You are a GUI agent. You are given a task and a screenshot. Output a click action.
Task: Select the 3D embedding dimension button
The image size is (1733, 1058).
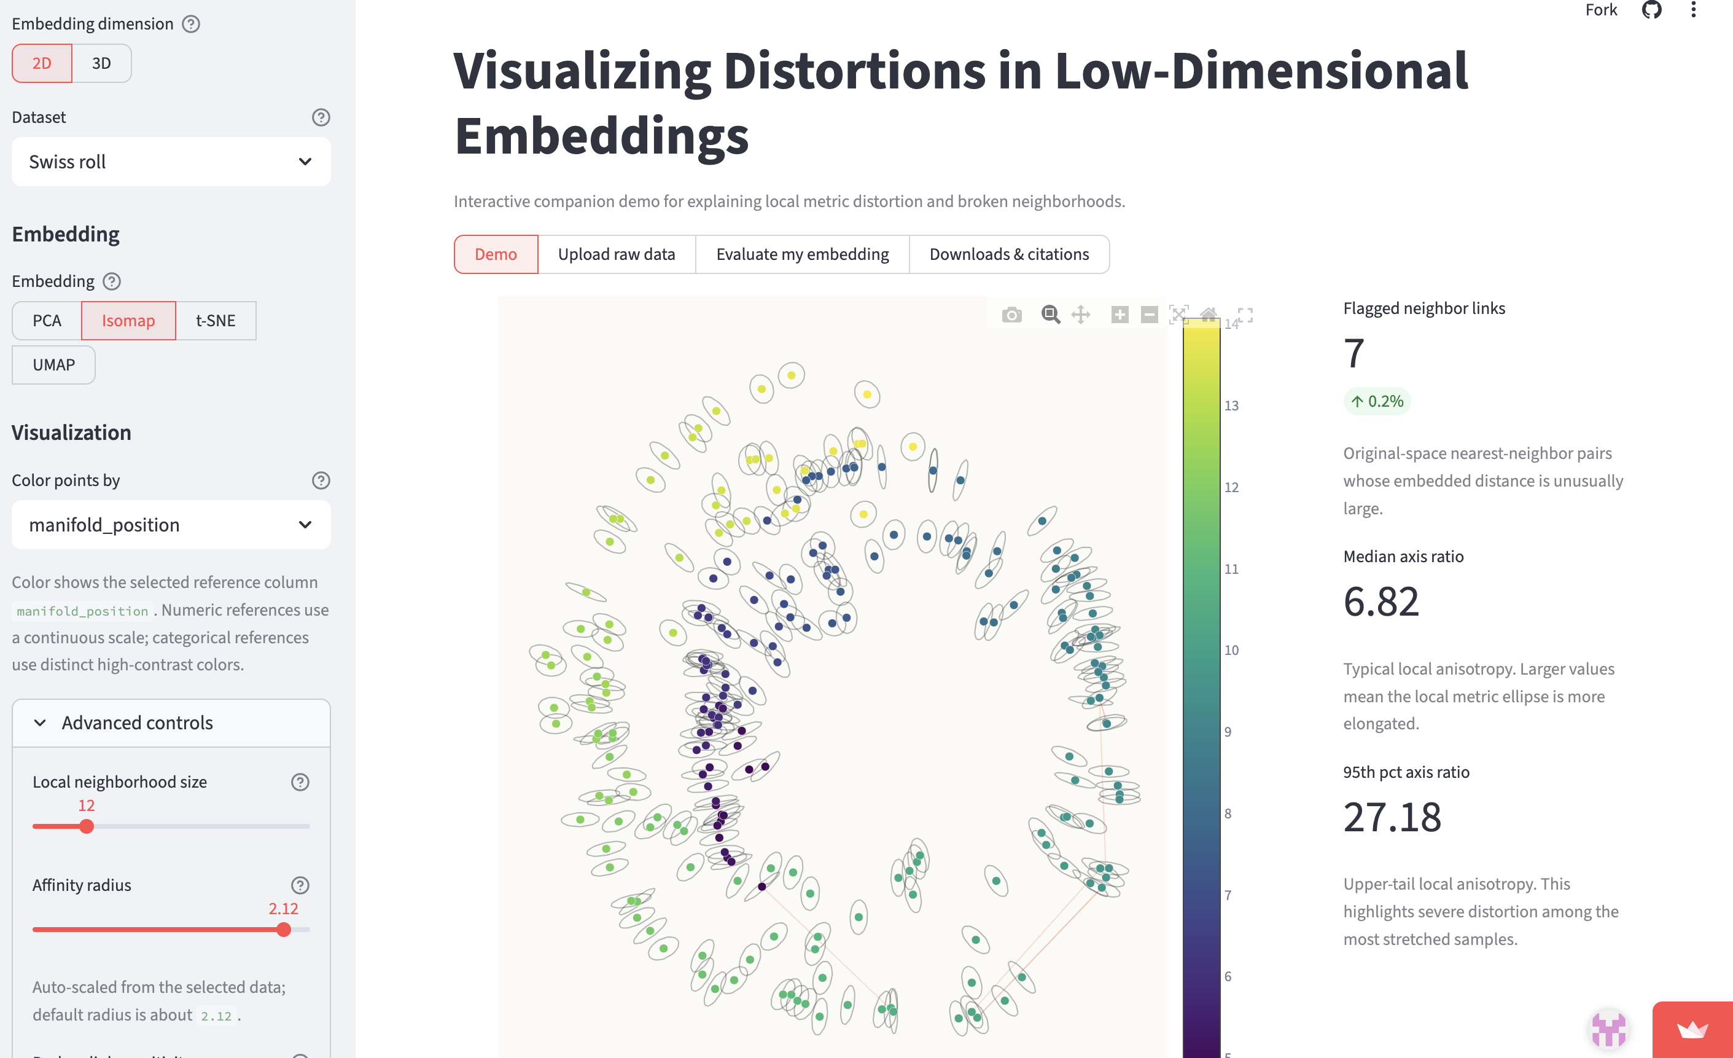[x=101, y=63]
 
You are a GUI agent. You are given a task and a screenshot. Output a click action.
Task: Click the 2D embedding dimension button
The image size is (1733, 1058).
[x=42, y=63]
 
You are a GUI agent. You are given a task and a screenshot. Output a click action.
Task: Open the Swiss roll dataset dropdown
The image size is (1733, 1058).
[x=171, y=162]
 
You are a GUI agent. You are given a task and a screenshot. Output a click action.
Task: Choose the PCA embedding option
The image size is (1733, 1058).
[x=47, y=321]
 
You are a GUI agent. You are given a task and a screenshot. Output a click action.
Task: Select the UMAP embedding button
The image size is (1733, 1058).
[x=53, y=365]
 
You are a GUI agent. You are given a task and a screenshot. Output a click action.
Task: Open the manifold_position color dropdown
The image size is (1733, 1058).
[x=171, y=525]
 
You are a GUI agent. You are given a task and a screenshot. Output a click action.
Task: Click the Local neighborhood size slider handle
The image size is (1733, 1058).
[x=87, y=826]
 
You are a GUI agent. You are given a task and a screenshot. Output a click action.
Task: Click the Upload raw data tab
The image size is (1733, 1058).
[x=616, y=254]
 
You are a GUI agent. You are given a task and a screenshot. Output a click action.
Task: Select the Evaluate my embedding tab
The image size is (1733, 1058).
[x=803, y=254]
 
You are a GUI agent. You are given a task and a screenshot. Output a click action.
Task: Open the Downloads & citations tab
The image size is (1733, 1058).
[x=1009, y=254]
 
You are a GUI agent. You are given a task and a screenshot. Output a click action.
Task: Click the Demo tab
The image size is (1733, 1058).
[x=496, y=254]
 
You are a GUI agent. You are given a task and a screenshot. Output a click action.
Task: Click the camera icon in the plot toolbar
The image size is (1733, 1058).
[x=1012, y=315]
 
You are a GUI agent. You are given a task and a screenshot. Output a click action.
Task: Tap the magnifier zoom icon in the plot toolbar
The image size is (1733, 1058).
[x=1051, y=315]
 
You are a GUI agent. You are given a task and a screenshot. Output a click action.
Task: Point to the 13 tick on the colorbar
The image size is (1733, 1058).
[x=1231, y=406]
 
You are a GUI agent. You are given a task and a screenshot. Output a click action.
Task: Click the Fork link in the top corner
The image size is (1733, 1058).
[x=1601, y=10]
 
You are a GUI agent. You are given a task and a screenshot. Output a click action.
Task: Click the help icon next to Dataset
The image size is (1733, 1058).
[x=321, y=117]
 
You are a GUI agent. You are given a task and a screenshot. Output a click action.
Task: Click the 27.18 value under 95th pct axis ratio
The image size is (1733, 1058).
[x=1392, y=817]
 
